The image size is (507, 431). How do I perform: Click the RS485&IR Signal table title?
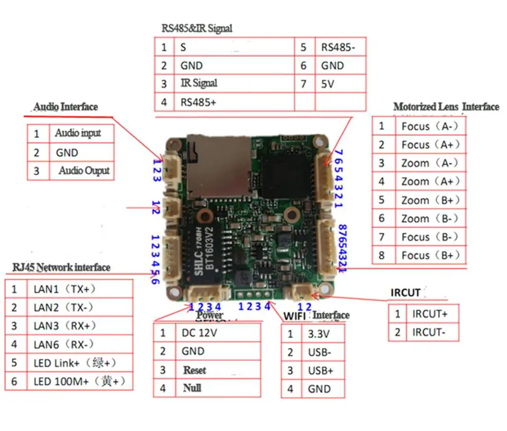click(x=197, y=29)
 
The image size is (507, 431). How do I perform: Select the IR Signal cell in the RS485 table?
click(x=199, y=83)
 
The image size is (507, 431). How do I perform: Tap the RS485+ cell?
click(x=198, y=102)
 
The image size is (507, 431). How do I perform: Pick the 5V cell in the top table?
click(x=328, y=84)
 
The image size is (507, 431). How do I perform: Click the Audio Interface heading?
click(x=66, y=107)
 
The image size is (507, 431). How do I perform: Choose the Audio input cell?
click(x=78, y=133)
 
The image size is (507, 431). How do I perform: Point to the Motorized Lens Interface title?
click(x=445, y=107)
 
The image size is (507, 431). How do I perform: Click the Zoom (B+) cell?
click(x=430, y=200)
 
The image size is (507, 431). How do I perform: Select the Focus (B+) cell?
click(x=430, y=256)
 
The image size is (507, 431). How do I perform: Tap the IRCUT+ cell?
click(x=429, y=314)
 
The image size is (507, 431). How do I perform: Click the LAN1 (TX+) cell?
click(x=64, y=289)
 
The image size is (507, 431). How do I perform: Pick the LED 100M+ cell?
click(x=79, y=381)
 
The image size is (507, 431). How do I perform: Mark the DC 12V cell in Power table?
click(x=199, y=333)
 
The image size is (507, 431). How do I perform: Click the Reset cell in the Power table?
click(x=195, y=370)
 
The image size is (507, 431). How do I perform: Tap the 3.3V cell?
click(x=318, y=334)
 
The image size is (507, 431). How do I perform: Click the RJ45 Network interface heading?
click(x=61, y=267)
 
